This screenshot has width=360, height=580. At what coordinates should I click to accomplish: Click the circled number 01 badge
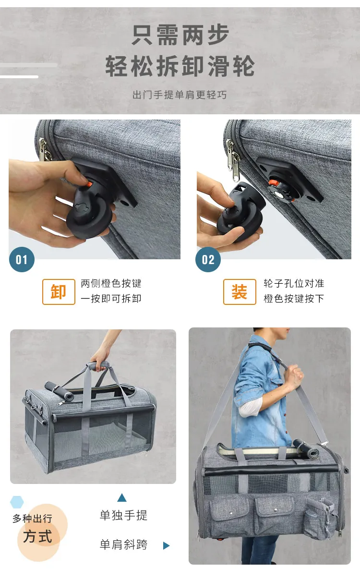pos(22,259)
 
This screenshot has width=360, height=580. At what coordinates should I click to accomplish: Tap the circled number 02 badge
pos(208,259)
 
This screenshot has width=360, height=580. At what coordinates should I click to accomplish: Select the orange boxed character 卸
pos(59,292)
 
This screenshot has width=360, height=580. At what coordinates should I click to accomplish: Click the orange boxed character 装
pos(240,292)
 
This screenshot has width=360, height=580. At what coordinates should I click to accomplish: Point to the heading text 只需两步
pos(180,35)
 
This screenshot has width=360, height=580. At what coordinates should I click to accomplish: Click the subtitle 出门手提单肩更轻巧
pos(180,95)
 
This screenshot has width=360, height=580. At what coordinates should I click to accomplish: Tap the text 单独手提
pos(123,515)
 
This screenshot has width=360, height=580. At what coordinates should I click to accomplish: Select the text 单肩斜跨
pos(123,544)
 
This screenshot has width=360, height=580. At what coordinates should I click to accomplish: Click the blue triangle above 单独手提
pos(122,498)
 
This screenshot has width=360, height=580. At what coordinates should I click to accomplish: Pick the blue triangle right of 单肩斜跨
pos(166,545)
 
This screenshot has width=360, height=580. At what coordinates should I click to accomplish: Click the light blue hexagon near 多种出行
pos(17,502)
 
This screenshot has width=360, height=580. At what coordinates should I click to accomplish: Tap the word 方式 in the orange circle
pos(38,536)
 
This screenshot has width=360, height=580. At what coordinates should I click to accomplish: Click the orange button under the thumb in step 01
pos(89,184)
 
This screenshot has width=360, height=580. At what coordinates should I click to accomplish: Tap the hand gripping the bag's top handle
pos(99,358)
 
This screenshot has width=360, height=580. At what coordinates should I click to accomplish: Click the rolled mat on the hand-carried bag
pos(59,391)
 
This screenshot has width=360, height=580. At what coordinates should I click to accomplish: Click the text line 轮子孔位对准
pos(294,283)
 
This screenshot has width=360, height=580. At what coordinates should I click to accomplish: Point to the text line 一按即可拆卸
pos(111,299)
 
